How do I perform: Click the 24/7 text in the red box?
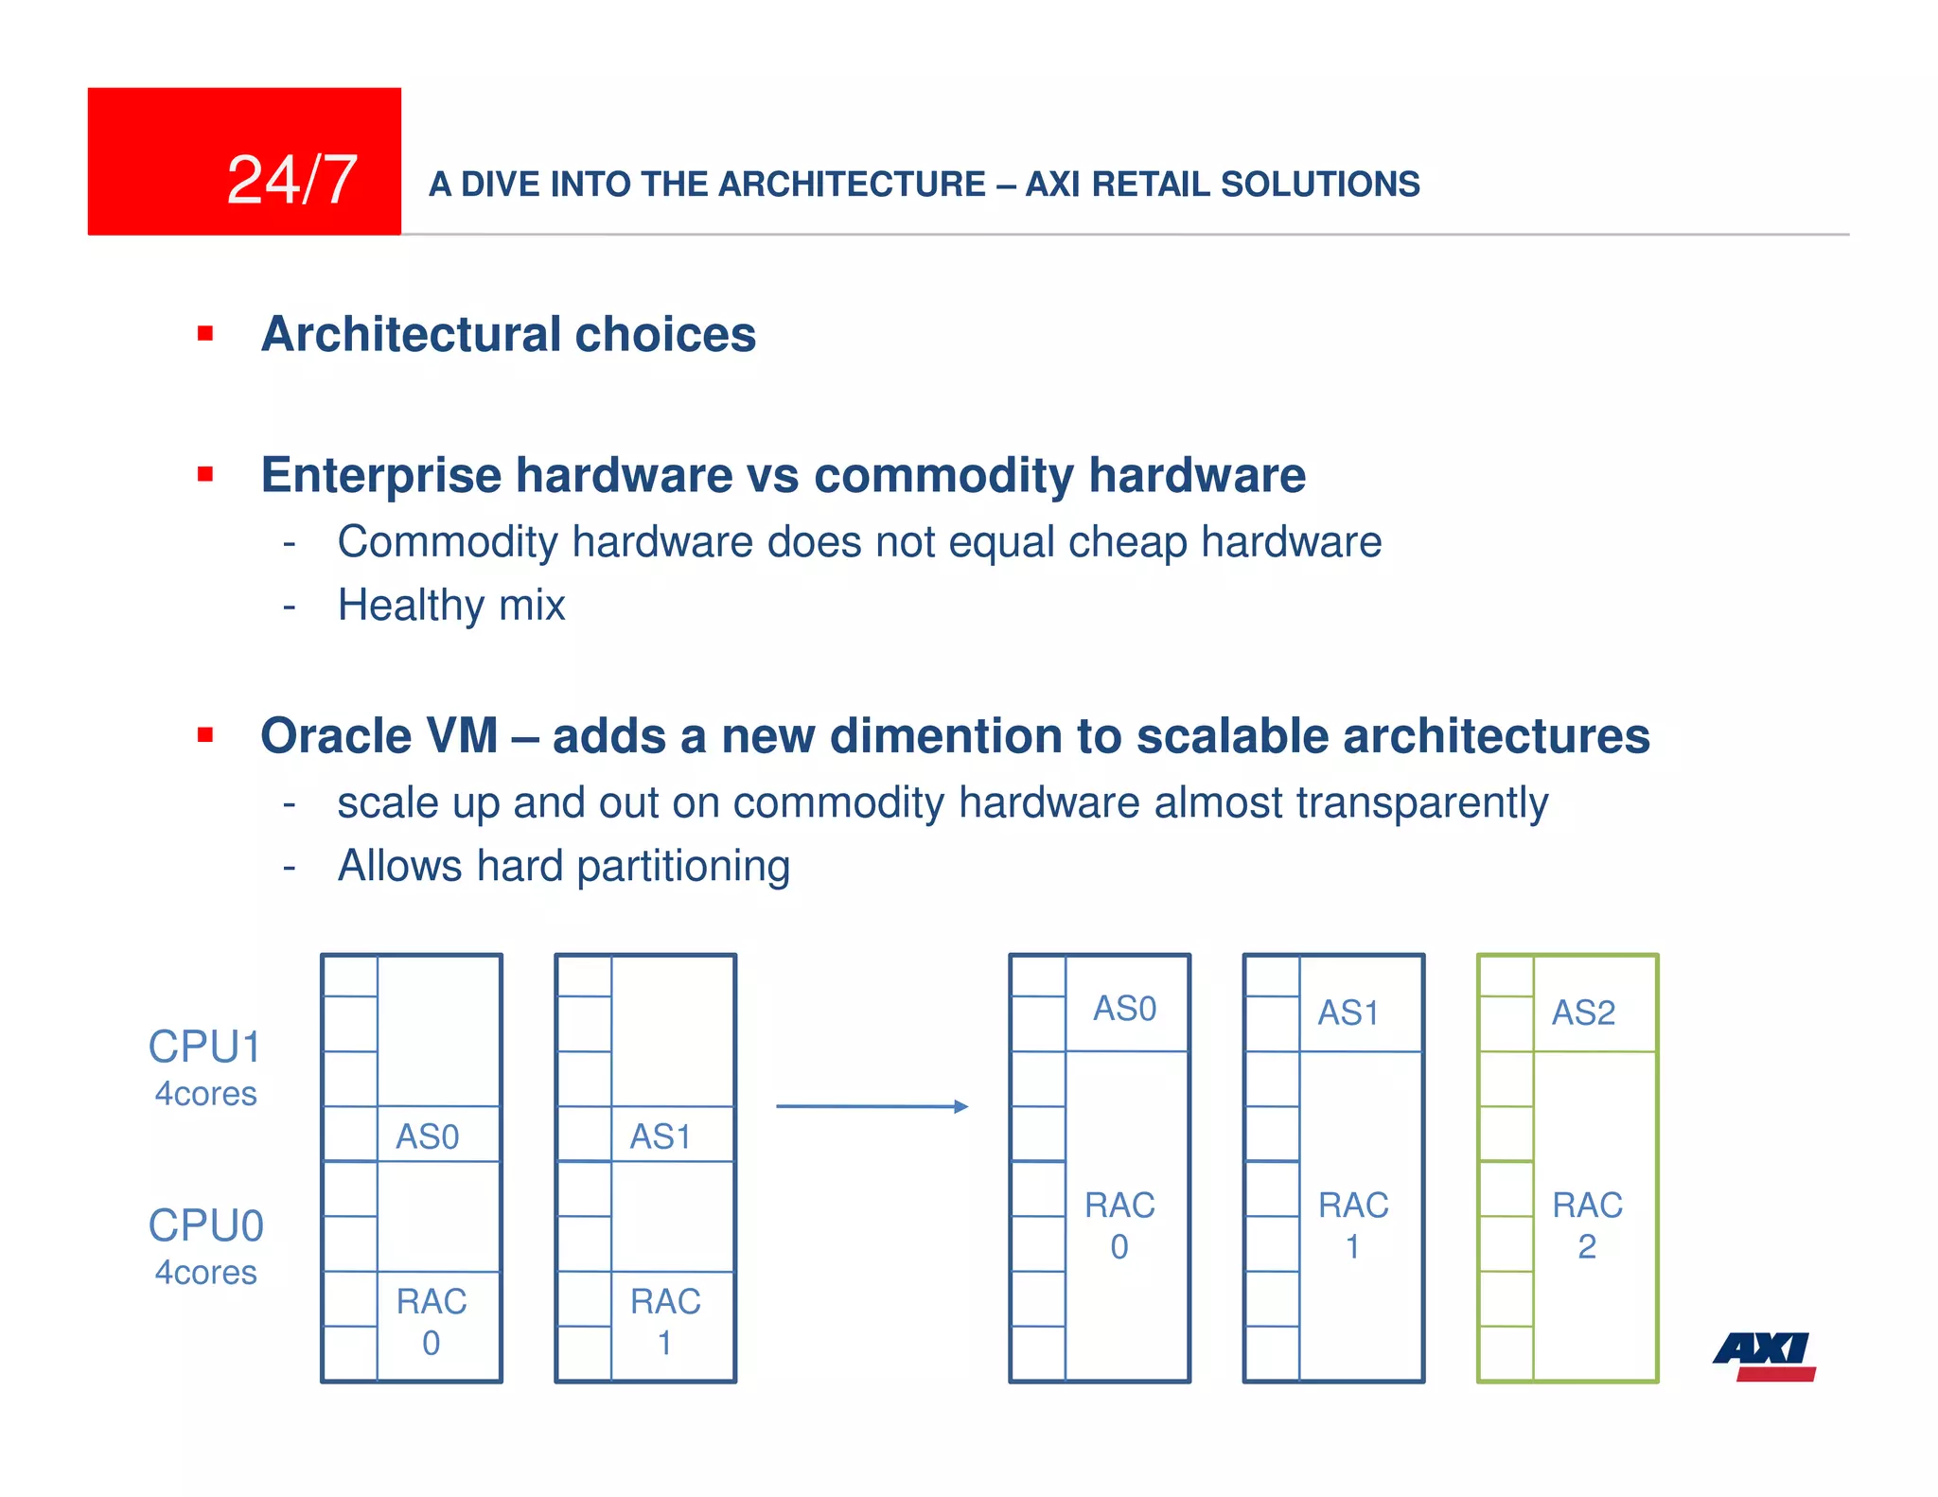coord(291,180)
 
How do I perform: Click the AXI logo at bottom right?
coord(1764,1356)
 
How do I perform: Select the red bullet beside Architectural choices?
coord(205,333)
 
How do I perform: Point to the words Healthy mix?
coord(451,605)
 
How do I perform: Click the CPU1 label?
coord(205,1048)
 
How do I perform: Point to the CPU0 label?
coord(205,1225)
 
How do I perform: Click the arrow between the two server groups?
coord(872,1106)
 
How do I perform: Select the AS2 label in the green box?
coord(1583,1013)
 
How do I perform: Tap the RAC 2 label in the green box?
coord(1587,1225)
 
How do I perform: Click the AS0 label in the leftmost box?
coord(428,1136)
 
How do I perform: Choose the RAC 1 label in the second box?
coord(665,1321)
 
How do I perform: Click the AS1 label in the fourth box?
coord(1348,1013)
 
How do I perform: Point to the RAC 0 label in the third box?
coord(1119,1225)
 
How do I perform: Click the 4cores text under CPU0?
coord(205,1273)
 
